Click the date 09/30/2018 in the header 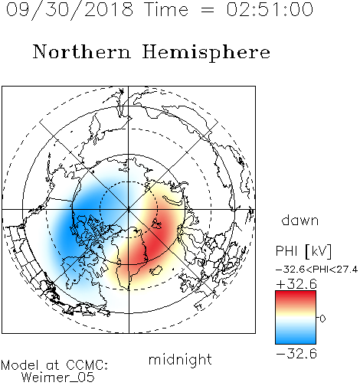70,10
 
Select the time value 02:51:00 270,9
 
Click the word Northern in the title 82,51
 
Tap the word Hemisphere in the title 206,53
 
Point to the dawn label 300,221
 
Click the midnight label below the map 180,359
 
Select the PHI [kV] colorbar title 303,251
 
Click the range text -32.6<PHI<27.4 316,270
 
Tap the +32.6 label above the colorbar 296,284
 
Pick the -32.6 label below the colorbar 296,354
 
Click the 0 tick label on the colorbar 322,319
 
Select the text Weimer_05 58,377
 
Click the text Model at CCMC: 54,365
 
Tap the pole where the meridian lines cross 129,209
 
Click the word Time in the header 166,9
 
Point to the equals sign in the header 208,10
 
